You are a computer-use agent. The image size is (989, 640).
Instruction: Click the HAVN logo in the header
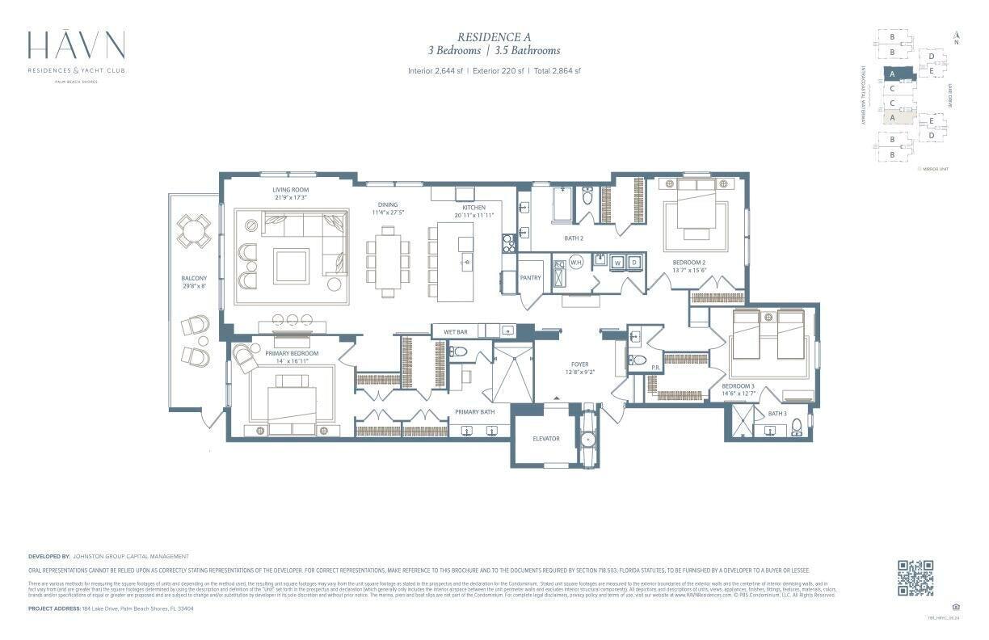pos(76,45)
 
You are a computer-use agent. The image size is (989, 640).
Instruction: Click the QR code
pos(915,578)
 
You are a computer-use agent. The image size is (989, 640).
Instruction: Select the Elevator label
pos(546,439)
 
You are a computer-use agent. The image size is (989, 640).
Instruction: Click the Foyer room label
pos(579,364)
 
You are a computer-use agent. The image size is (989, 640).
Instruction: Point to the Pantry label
pos(531,278)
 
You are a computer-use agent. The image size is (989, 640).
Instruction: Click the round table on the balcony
pos(194,231)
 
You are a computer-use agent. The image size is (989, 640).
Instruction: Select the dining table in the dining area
pos(388,262)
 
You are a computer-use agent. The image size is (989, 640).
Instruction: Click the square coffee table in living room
pos(291,266)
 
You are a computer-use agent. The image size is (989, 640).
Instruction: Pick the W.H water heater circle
pos(576,263)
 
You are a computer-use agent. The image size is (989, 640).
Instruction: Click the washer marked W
pos(618,263)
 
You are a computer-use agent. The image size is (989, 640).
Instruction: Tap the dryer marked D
pos(634,263)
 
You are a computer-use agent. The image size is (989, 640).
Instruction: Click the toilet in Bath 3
pos(797,427)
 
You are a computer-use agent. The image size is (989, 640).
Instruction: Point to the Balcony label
pos(194,279)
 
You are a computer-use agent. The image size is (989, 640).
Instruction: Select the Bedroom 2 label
pos(689,263)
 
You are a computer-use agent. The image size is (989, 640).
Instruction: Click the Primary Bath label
pos(474,412)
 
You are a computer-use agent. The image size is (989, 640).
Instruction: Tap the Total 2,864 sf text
pos(558,71)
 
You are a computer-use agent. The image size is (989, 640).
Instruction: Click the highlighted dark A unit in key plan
pos(892,74)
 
